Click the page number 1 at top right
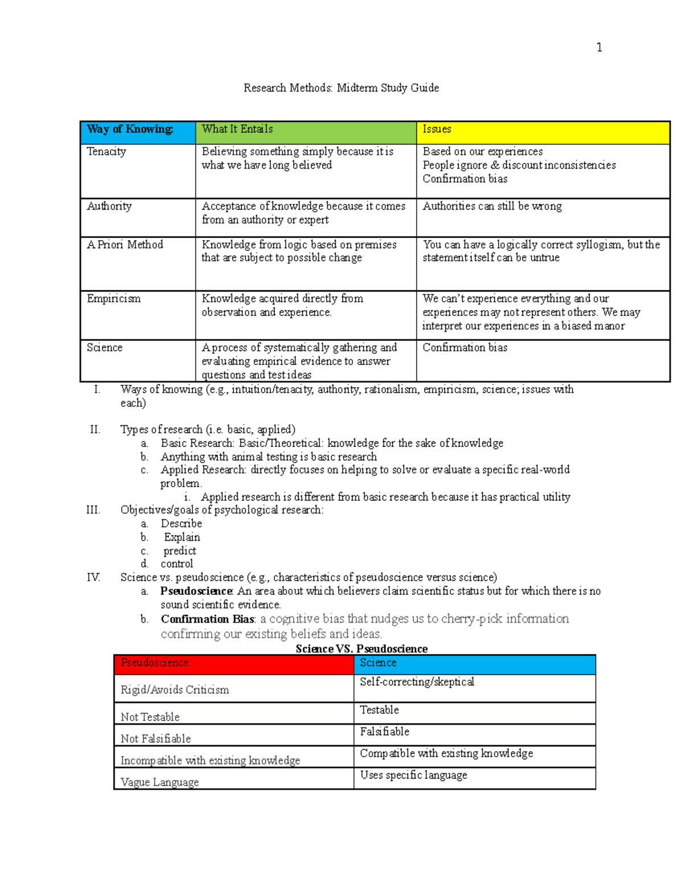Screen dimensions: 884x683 (599, 47)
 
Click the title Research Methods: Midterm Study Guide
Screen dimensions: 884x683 (341, 88)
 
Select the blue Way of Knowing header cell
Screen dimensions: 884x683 (137, 132)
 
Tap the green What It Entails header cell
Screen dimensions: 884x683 (306, 132)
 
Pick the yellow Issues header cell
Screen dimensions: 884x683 (542, 132)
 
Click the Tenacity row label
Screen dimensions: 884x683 (106, 151)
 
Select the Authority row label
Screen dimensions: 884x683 (109, 206)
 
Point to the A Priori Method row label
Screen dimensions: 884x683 (125, 245)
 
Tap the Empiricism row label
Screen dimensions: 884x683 (113, 299)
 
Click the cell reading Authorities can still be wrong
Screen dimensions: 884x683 (492, 206)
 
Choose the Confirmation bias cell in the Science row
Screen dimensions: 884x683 (464, 348)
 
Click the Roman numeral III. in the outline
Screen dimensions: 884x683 (93, 510)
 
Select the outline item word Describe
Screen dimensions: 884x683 (181, 524)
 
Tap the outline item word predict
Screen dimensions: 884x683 (180, 551)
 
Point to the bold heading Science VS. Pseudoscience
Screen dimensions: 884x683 (361, 649)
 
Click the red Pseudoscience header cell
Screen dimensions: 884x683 (233, 664)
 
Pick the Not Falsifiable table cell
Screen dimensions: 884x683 (156, 739)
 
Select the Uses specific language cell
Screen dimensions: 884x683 (413, 775)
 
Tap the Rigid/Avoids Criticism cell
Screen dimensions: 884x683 (175, 690)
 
